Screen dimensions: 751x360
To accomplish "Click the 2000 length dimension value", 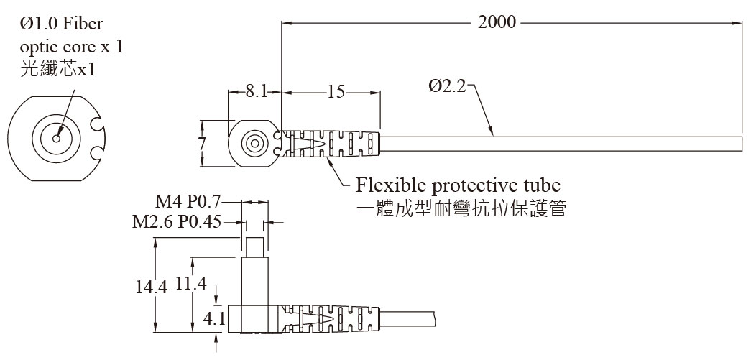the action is click(497, 22).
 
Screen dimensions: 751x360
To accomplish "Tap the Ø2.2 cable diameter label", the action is click(447, 87).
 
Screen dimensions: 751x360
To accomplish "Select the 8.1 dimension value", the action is click(257, 91).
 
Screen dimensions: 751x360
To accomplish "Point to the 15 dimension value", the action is click(336, 91).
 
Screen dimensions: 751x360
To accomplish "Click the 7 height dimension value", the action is click(202, 144).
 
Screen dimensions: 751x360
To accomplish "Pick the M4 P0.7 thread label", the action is click(189, 203).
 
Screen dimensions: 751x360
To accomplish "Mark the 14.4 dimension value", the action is click(152, 287).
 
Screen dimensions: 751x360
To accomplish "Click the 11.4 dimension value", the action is click(190, 284).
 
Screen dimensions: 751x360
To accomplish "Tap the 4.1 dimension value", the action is click(214, 319).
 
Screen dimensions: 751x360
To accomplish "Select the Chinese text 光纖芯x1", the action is click(57, 70).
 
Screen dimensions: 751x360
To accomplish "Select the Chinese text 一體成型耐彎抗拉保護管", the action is click(462, 208).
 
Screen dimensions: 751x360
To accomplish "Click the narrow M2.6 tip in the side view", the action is click(255, 247).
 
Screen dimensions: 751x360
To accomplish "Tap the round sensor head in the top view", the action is click(253, 143).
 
